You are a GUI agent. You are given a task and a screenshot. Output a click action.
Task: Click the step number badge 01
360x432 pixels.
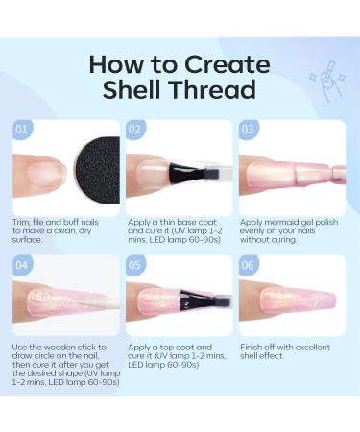click(x=22, y=128)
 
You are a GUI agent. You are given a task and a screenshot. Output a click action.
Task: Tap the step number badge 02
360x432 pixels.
click(x=135, y=128)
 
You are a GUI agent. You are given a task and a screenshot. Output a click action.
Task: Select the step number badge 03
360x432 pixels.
click(x=249, y=128)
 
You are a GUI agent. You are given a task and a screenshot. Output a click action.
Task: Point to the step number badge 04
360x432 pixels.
click(x=22, y=264)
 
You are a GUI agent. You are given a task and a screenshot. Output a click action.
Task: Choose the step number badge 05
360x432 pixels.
click(x=135, y=264)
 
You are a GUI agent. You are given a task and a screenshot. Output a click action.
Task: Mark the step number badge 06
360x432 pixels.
click(x=249, y=264)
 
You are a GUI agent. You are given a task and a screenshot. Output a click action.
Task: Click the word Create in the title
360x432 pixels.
click(x=224, y=63)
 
